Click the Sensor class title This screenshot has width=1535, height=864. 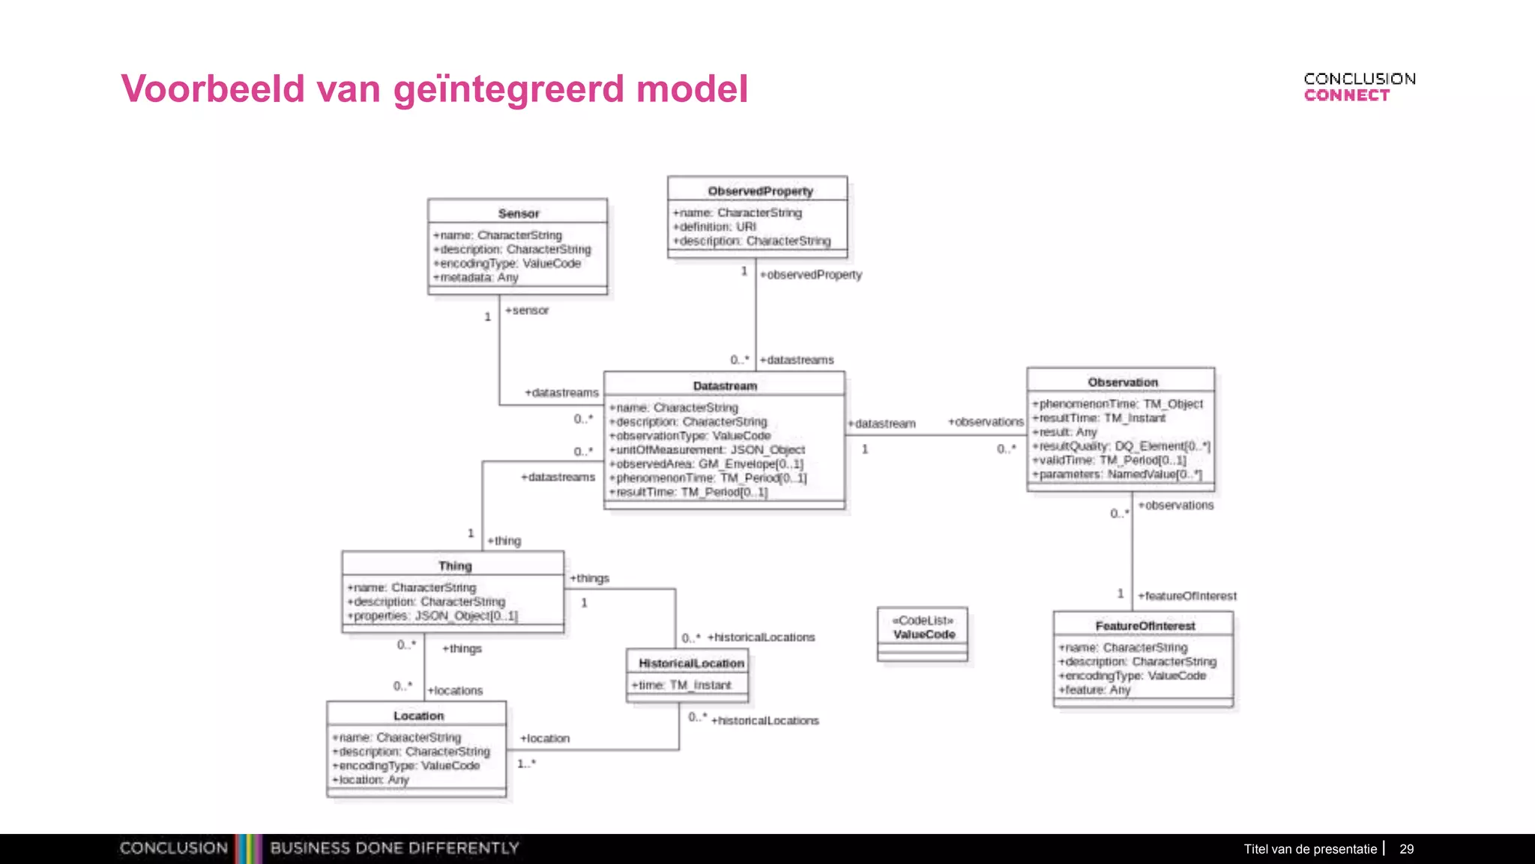point(518,214)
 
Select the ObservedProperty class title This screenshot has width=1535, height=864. point(760,191)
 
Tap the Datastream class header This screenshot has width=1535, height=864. point(725,385)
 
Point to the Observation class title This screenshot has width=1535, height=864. point(1123,382)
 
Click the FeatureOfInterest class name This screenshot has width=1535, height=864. point(1145,625)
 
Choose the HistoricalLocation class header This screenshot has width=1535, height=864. point(691,663)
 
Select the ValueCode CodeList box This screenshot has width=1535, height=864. point(923,628)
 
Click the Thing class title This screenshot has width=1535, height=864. point(455,565)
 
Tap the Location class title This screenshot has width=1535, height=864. point(418,715)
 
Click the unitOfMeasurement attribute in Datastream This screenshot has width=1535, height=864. point(707,450)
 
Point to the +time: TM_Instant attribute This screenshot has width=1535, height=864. point(681,685)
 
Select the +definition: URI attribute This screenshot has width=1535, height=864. point(715,226)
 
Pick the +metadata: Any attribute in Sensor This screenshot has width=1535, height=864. point(476,277)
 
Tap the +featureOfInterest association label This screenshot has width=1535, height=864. point(1187,595)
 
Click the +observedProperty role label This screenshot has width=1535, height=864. point(811,274)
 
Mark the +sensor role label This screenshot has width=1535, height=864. point(527,310)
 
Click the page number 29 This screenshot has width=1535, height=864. point(1406,849)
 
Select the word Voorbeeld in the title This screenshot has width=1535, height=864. point(213,89)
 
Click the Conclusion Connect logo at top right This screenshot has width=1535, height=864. point(1359,87)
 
